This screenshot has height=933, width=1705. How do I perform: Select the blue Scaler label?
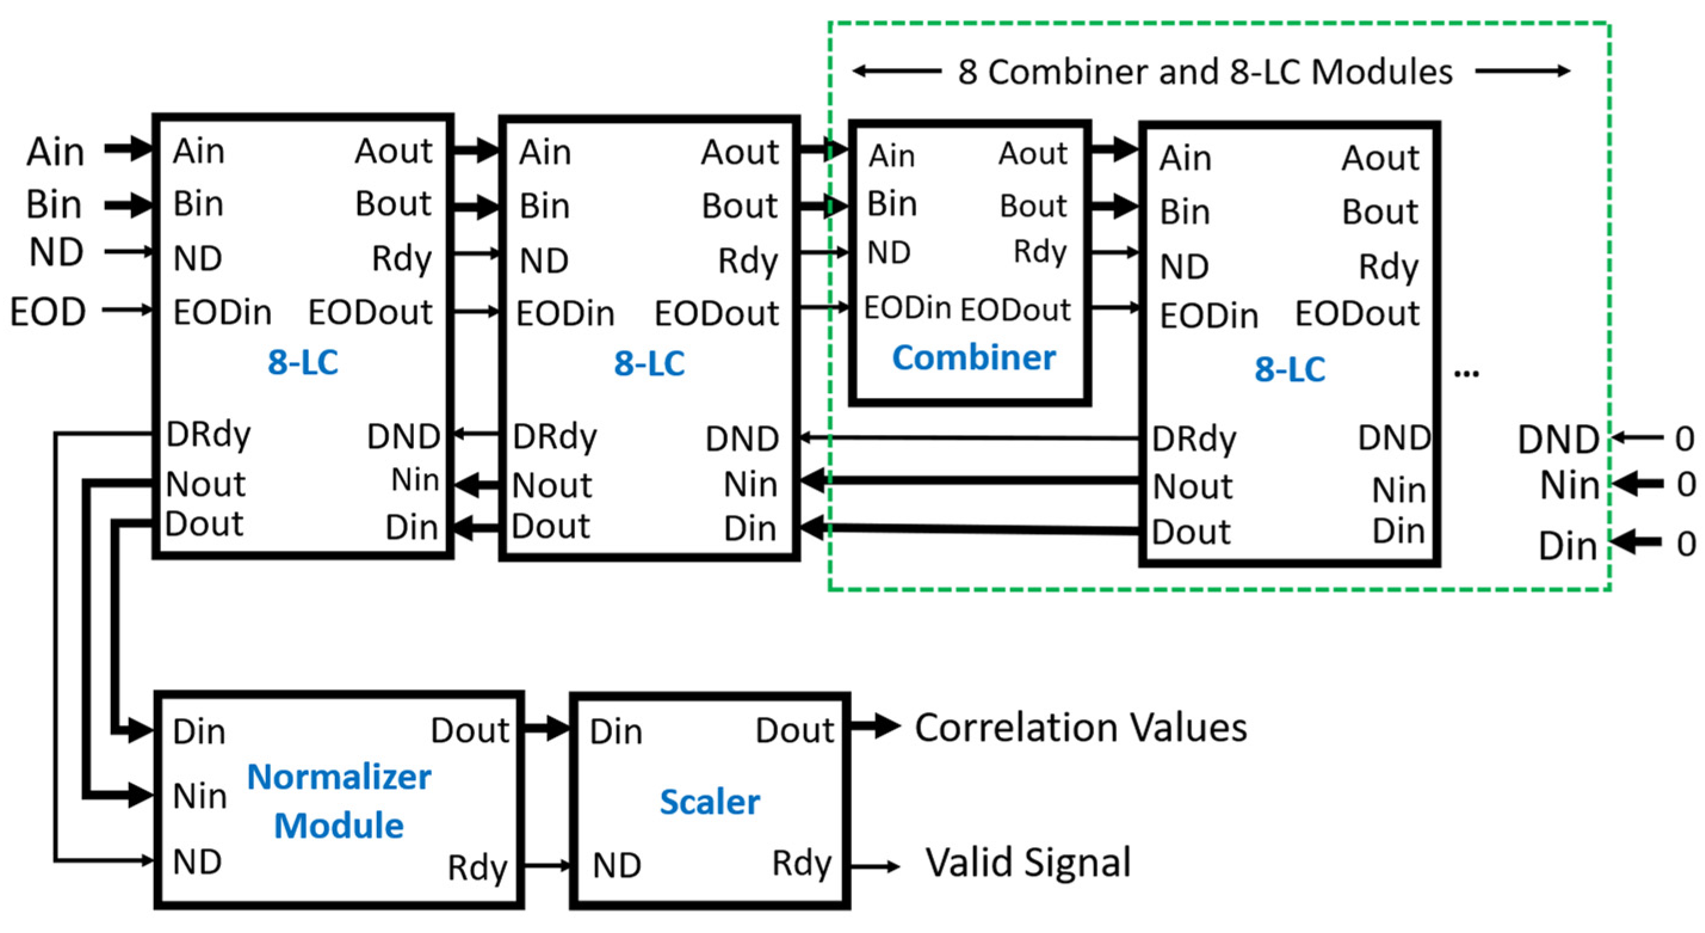click(710, 802)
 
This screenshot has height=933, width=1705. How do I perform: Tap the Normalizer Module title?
click(339, 801)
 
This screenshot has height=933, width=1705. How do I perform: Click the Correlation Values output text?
click(1081, 728)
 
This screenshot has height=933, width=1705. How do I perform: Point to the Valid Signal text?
click(1028, 863)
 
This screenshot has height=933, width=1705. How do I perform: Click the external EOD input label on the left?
click(48, 311)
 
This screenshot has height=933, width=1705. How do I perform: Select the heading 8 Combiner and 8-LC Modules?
click(1205, 72)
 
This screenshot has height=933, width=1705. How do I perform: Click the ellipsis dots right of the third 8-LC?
click(1466, 375)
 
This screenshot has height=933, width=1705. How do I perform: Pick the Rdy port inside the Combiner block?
click(1040, 252)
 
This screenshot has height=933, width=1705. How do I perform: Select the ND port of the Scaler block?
click(617, 865)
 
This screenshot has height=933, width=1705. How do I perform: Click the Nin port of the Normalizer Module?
click(200, 795)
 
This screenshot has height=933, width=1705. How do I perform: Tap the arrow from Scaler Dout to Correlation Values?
click(875, 727)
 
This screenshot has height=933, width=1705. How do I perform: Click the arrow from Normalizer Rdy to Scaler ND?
click(547, 865)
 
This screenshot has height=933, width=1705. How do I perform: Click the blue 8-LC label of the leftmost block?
click(302, 362)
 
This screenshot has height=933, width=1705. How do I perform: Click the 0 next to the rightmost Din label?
click(1685, 543)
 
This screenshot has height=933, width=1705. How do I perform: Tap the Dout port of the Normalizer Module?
click(469, 730)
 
